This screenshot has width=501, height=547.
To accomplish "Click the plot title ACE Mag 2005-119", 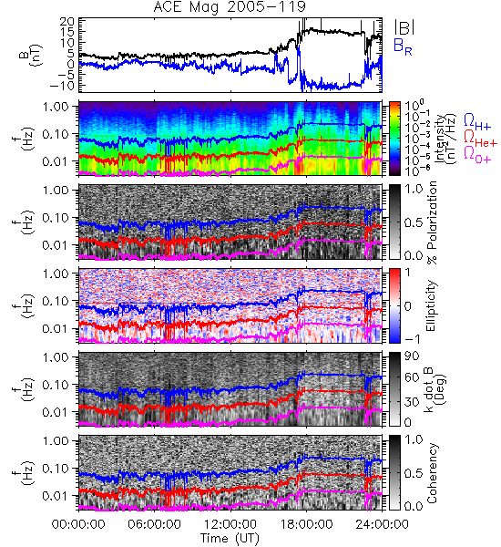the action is (x=230, y=6).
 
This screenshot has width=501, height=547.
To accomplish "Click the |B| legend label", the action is (x=404, y=27).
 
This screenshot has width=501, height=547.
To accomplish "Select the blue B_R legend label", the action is (x=403, y=46).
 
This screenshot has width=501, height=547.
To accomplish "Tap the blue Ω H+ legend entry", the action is (x=477, y=122).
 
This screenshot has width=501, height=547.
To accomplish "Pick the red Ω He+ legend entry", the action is (x=480, y=139).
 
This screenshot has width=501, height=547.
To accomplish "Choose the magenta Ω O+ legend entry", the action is (x=477, y=155).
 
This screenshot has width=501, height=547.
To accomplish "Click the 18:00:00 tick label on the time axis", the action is (x=306, y=524).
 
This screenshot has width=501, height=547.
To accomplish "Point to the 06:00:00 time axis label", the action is (x=155, y=524).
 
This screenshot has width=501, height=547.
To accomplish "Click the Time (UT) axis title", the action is (x=230, y=538).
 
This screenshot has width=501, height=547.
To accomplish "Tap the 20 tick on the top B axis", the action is (x=66, y=22).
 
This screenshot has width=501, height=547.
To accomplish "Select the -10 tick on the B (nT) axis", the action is (x=61, y=85).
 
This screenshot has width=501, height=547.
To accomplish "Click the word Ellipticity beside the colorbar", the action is (x=431, y=305).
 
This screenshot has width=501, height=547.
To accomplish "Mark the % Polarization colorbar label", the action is (x=432, y=222).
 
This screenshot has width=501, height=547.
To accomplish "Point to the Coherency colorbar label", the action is (x=431, y=473).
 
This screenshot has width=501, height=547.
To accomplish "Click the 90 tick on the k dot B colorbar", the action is (x=412, y=356).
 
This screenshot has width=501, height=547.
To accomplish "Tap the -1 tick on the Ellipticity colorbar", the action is (x=412, y=339).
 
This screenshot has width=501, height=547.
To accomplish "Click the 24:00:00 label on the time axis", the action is (x=382, y=524).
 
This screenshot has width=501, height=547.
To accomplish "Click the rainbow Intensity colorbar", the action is (x=394, y=139).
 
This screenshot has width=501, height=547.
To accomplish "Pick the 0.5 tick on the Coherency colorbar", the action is (x=414, y=473).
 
